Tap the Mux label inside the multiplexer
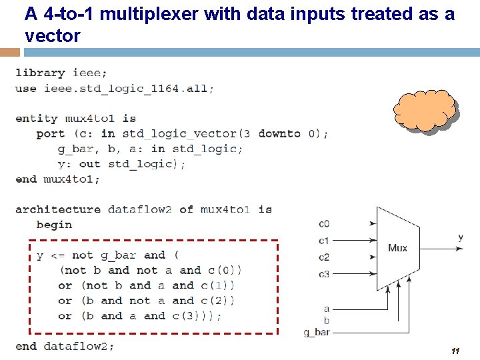397,248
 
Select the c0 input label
324,225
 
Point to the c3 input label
324,273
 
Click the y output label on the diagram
461,237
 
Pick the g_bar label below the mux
317,332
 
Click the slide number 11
456,351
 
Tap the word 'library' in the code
40,73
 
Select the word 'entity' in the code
37,118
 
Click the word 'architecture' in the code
58,209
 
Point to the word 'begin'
54,225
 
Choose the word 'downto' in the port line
279,133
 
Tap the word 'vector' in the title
52,36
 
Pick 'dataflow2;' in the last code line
79,346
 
